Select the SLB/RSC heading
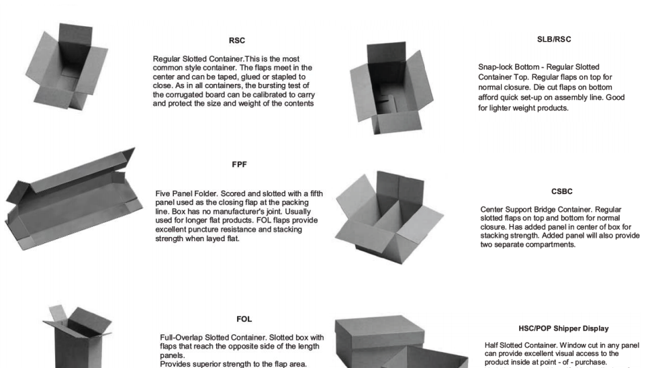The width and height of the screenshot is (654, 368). (x=554, y=40)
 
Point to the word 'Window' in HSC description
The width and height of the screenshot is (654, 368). (x=568, y=345)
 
